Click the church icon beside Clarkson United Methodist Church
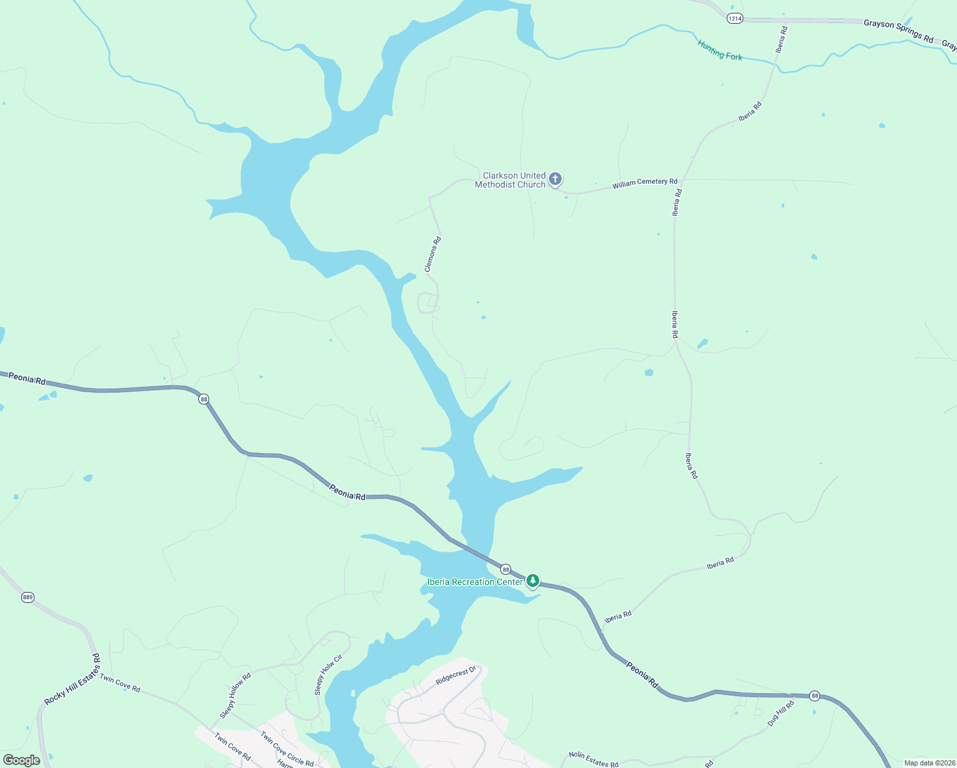[555, 179]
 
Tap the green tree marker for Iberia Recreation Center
[532, 580]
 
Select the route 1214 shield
[734, 19]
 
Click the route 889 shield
[27, 597]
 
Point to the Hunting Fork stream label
[720, 51]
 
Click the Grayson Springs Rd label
[898, 31]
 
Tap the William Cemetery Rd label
[644, 183]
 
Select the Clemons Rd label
[433, 254]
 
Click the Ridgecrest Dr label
[455, 675]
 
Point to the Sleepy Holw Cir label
[328, 675]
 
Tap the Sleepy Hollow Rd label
[235, 695]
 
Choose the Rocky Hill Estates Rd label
[72, 679]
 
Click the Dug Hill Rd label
[780, 713]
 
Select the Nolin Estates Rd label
[594, 760]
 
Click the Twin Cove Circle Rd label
[287, 748]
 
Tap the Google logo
[22, 760]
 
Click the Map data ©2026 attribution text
[927, 763]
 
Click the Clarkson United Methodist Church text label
[510, 180]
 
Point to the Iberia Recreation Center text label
[475, 582]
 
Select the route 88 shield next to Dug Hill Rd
[814, 696]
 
